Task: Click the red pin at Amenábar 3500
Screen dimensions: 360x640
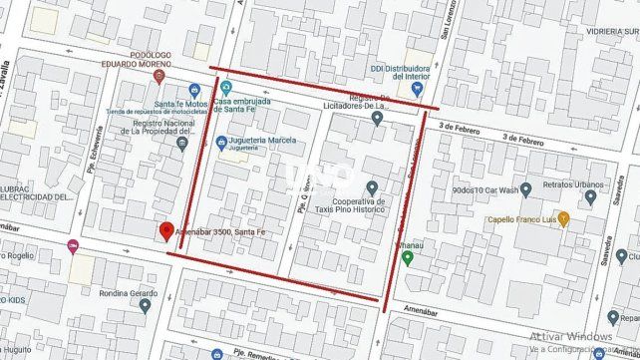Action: pyautogui.click(x=165, y=230)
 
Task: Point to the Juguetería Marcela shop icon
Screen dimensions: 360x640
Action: pyautogui.click(x=221, y=141)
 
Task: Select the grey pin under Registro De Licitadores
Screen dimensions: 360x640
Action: pyautogui.click(x=377, y=119)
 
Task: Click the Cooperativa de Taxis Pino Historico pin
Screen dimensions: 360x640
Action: pyautogui.click(x=371, y=186)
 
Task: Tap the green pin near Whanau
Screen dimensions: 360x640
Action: pyautogui.click(x=407, y=258)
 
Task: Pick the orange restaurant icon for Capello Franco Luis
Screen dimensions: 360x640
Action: pyautogui.click(x=564, y=216)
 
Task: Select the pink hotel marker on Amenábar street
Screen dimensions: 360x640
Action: pyautogui.click(x=72, y=246)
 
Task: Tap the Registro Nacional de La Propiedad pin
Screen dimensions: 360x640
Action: pyautogui.click(x=180, y=144)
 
